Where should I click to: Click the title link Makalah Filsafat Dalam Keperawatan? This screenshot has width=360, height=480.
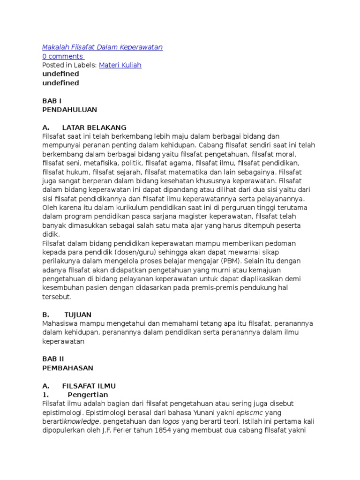pos(102,47)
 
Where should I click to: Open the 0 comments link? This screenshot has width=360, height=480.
pos(62,56)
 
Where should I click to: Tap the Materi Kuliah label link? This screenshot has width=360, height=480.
pos(120,65)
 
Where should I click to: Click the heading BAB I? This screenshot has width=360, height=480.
pos(52,101)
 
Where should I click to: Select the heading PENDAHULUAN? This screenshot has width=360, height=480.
pos(69,110)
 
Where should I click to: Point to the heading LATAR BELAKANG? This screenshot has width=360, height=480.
pos(94,127)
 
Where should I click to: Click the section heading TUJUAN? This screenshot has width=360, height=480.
pos(78,315)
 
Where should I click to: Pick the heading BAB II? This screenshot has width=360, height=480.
pos(53,359)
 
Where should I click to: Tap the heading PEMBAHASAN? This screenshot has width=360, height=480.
pos(67,368)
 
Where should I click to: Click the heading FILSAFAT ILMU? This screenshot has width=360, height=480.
pos(89,386)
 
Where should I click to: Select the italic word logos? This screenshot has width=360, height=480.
pos(171,421)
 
